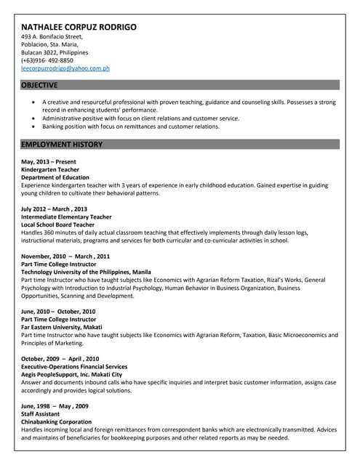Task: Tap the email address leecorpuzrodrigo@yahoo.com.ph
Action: point(65,68)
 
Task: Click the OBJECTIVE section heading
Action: point(39,85)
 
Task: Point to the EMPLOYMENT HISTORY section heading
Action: point(62,145)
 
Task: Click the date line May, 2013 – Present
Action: point(49,161)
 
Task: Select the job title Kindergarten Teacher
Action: point(50,169)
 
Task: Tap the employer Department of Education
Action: point(55,177)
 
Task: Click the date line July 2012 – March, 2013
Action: point(54,209)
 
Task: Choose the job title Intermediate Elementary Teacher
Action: point(66,217)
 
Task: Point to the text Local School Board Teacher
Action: point(59,225)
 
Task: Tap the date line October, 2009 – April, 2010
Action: point(60,359)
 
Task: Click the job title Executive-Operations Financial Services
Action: point(74,367)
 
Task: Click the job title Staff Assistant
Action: point(42,414)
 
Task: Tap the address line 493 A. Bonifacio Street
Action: point(52,36)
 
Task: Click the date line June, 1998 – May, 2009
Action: point(55,406)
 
